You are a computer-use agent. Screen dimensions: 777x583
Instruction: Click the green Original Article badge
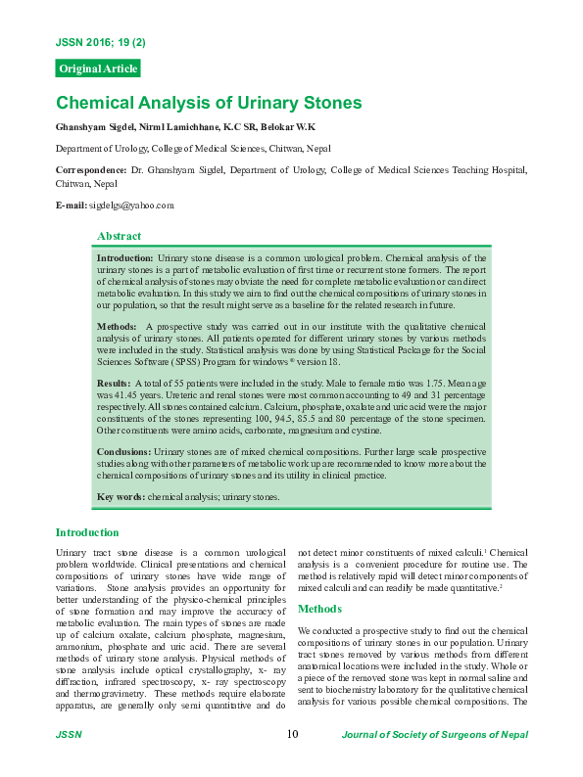pos(98,69)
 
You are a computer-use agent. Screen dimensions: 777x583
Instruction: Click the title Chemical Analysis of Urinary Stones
pos(209,103)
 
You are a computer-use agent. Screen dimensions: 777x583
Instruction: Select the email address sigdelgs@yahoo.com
pos(131,206)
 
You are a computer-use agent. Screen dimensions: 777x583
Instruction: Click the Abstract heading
pos(119,236)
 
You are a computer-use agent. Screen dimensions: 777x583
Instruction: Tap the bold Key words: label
pos(121,497)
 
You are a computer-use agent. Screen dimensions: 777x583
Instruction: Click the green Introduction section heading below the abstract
pos(87,532)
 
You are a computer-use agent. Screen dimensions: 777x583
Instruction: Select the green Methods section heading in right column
pos(319,608)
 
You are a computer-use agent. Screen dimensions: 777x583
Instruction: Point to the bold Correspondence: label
pos(91,169)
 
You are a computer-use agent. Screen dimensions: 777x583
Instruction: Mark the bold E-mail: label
pos(72,206)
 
